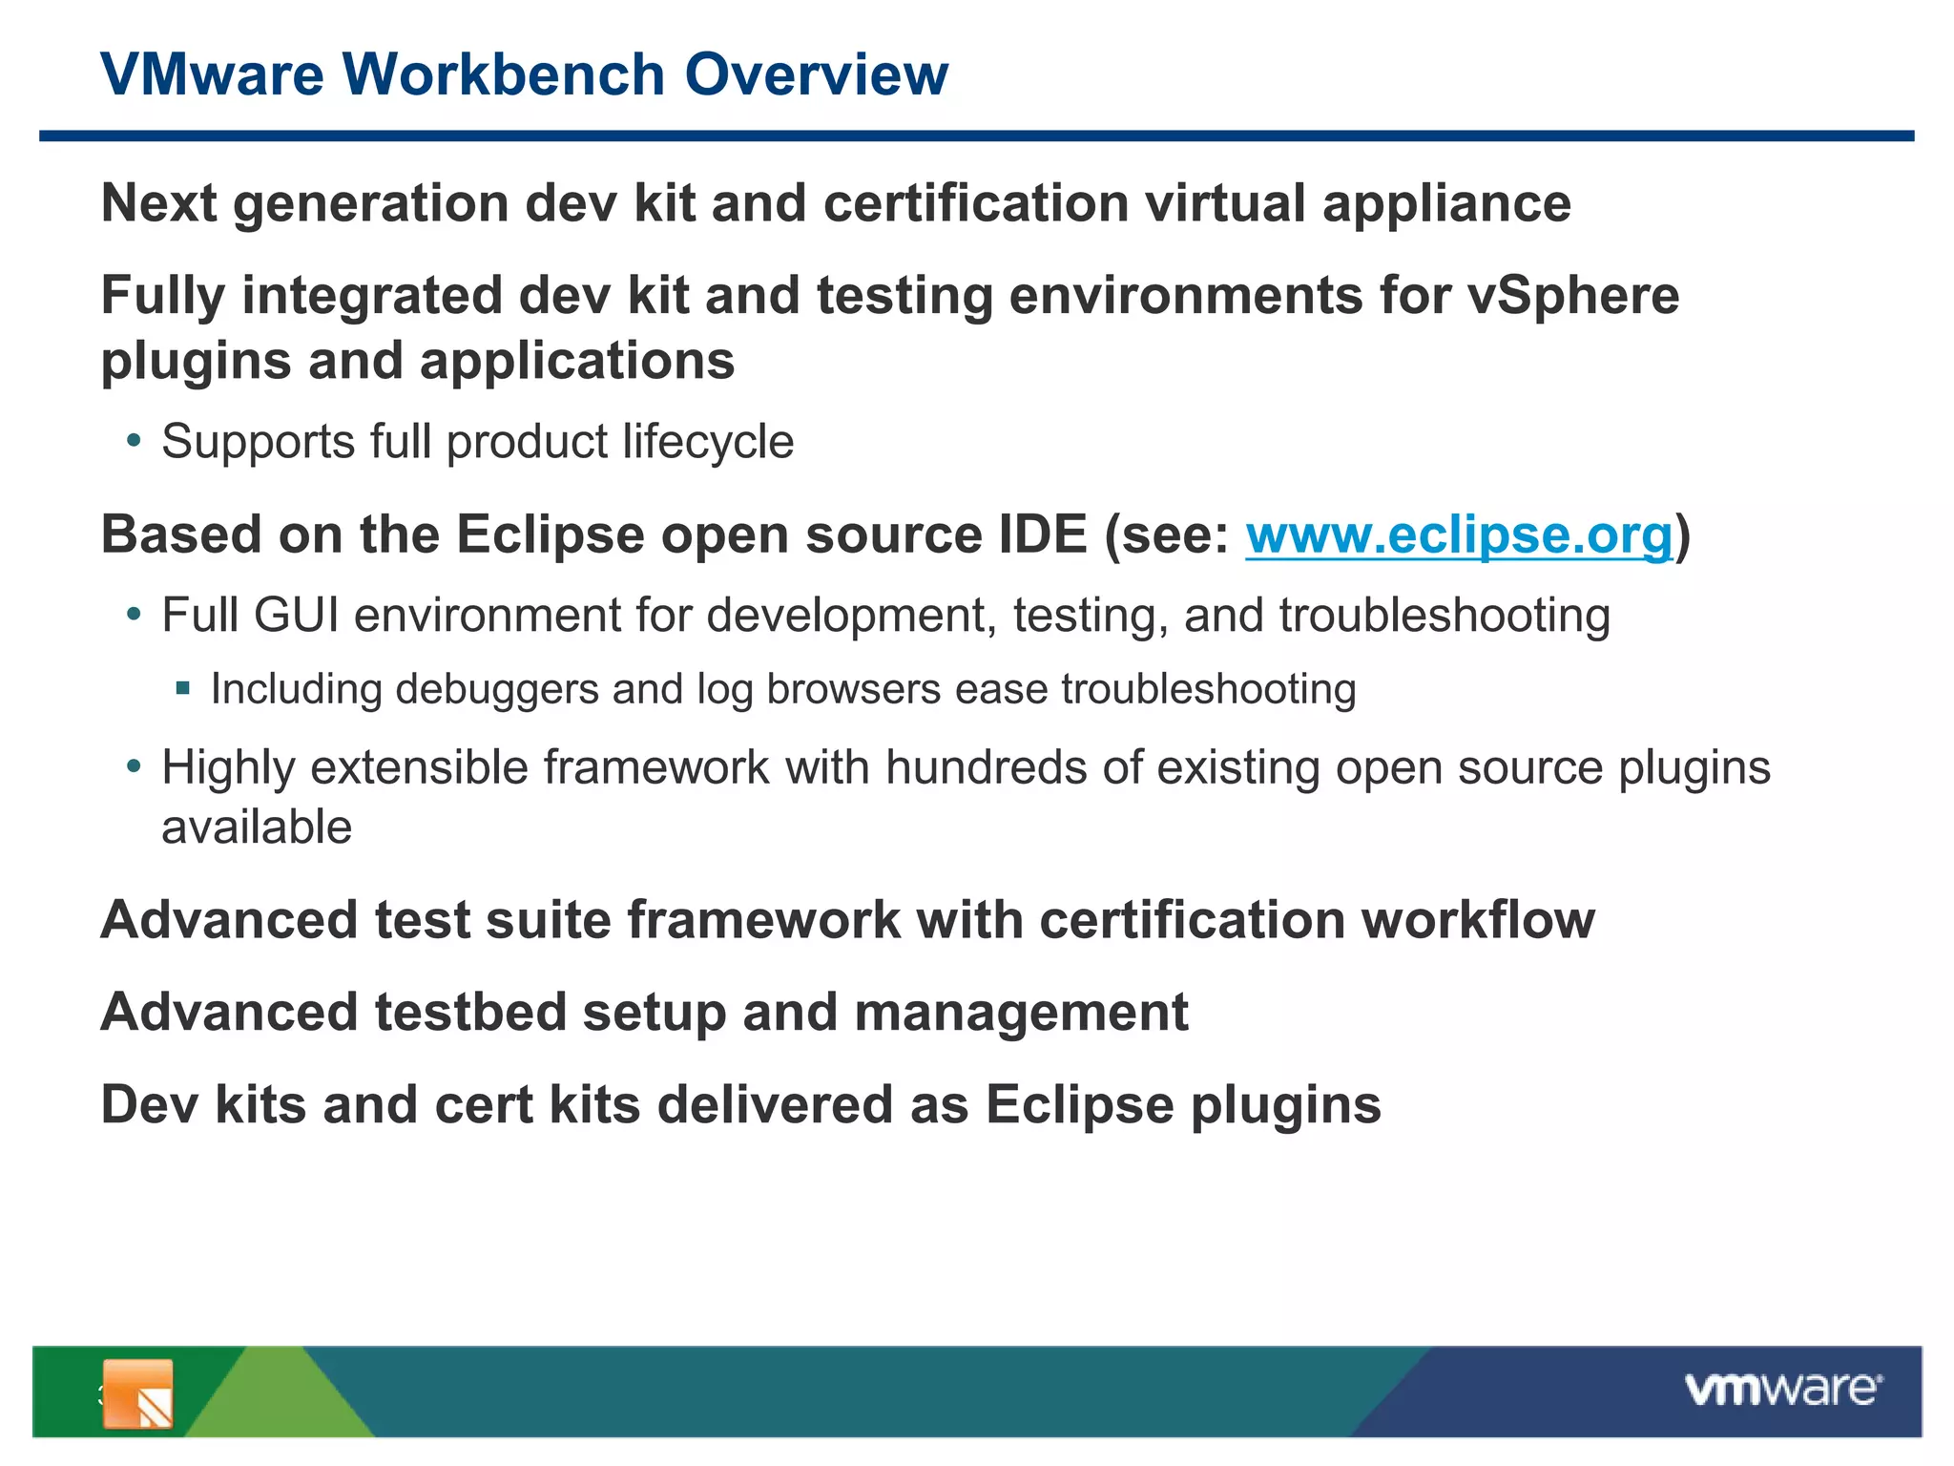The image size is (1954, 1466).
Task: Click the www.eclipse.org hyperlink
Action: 1459,534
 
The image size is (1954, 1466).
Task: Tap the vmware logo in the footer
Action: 1782,1389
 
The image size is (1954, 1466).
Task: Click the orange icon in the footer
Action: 137,1393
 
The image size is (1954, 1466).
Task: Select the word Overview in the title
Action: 816,74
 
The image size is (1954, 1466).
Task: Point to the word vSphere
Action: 1572,296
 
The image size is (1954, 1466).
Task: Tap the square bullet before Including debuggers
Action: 183,688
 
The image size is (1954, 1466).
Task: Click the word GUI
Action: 296,616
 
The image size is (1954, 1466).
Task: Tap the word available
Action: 257,827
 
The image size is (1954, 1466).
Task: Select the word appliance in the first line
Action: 1445,204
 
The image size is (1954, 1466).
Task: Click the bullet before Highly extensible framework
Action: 135,767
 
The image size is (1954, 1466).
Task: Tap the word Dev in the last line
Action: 149,1105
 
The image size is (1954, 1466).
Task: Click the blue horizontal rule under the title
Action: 977,136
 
